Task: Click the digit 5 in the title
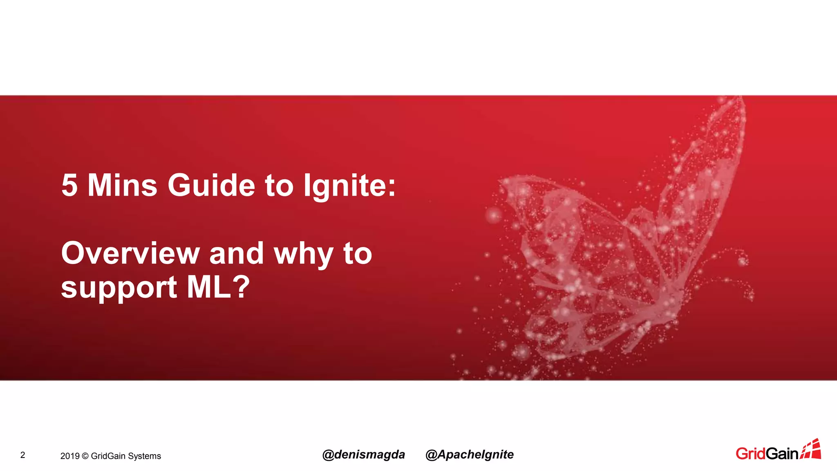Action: coord(69,186)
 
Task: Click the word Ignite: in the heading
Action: coord(349,186)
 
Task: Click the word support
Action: coord(119,288)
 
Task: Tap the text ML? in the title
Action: coord(218,287)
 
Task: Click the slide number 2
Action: coord(23,455)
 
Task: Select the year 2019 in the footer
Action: coord(69,456)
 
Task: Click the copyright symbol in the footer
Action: coord(85,456)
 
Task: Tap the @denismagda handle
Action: coord(363,454)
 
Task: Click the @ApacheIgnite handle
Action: coord(470,454)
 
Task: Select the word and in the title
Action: coord(237,253)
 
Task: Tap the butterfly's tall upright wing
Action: coord(711,164)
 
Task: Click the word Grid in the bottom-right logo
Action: coord(750,453)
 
